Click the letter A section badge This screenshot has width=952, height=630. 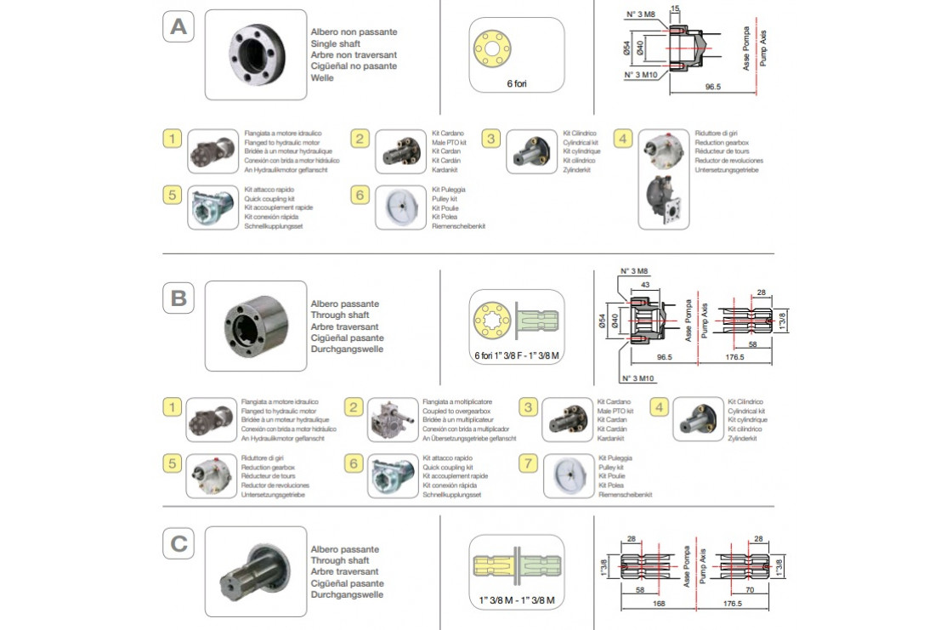[178, 27]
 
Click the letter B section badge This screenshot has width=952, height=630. [178, 298]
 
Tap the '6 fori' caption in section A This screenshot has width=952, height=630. [517, 84]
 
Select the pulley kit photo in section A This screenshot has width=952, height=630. [400, 208]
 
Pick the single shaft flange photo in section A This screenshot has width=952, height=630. [256, 54]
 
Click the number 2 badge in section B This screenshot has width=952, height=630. [355, 408]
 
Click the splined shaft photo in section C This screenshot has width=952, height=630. [256, 570]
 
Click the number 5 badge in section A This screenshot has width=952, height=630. [173, 195]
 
